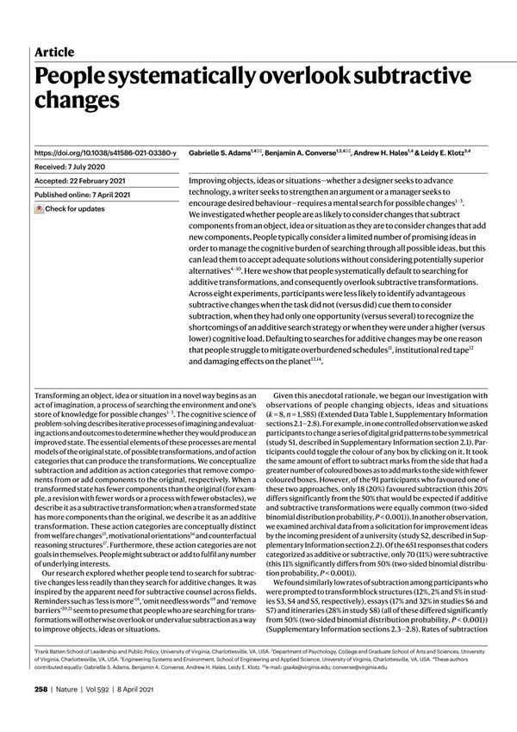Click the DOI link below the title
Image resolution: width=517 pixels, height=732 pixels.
pyautogui.click(x=104, y=152)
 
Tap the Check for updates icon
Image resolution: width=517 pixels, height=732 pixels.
pyautogui.click(x=39, y=209)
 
